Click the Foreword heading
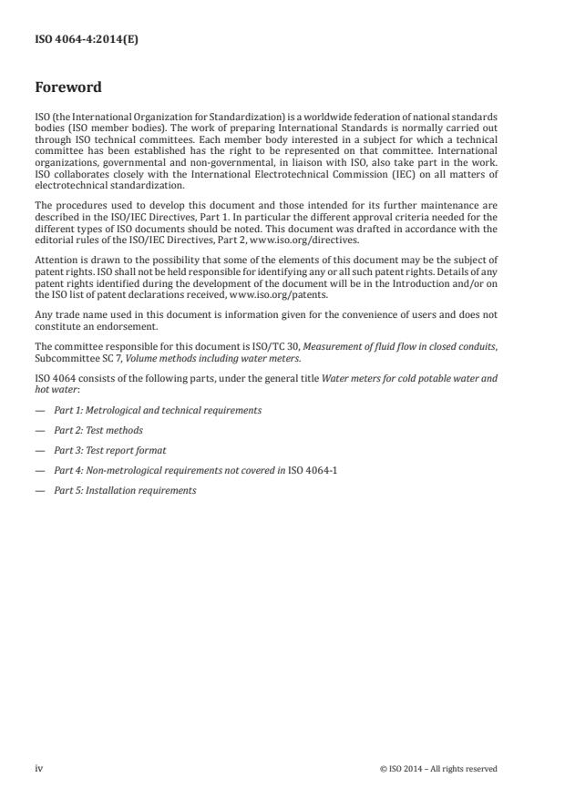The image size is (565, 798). click(67, 88)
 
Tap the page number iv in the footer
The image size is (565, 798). click(38, 768)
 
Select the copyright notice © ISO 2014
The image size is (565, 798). click(438, 768)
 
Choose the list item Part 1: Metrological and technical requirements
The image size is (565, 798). click(158, 410)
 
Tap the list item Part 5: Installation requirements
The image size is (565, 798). click(125, 490)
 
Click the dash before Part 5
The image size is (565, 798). click(38, 490)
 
